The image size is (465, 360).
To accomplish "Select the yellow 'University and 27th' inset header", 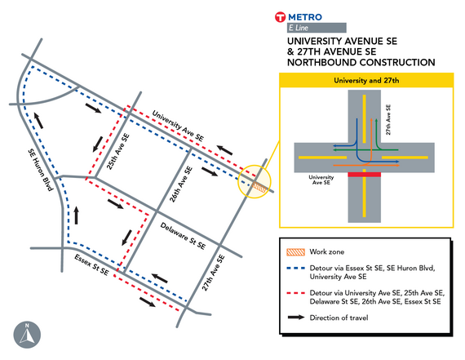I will pyautogui.click(x=365, y=81).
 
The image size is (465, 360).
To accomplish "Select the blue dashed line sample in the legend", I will pyautogui.click(x=293, y=270).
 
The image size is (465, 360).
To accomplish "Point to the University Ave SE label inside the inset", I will pyautogui.click(x=319, y=180).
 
